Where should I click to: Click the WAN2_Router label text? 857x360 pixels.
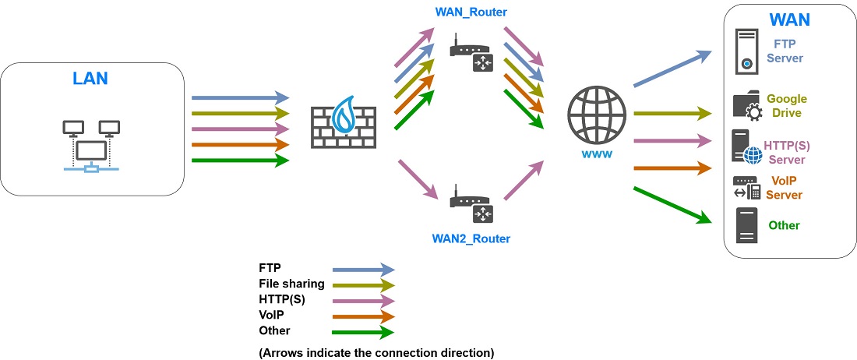click(x=471, y=238)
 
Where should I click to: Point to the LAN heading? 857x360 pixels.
click(x=90, y=79)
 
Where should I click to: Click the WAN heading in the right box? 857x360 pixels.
click(x=789, y=19)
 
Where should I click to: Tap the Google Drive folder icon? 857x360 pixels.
click(x=746, y=107)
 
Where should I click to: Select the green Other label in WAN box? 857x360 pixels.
click(x=784, y=225)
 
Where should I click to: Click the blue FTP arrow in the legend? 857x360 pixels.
click(x=364, y=269)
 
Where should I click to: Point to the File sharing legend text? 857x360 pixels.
click(x=291, y=284)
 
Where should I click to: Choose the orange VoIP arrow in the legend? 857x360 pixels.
click(x=364, y=316)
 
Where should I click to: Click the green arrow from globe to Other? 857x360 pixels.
click(x=672, y=205)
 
